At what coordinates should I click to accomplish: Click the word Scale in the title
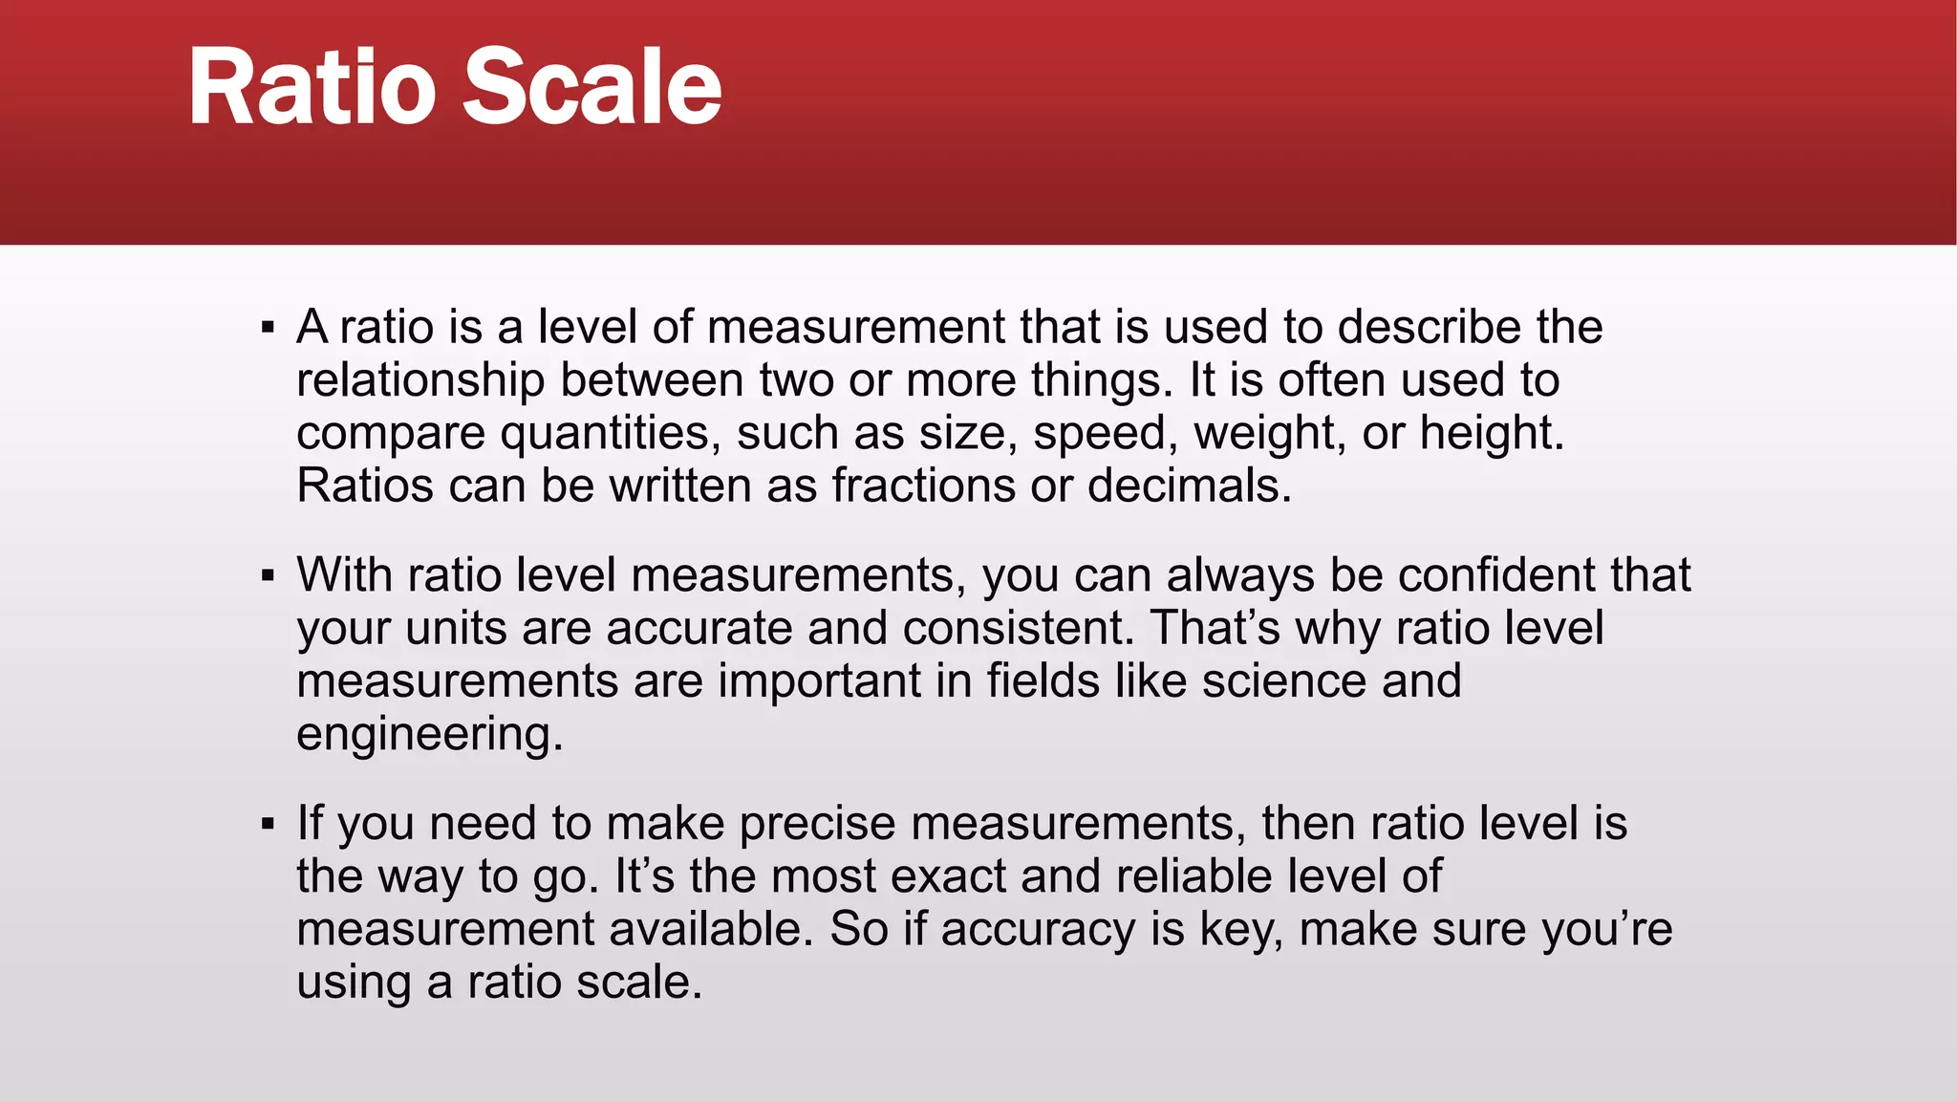(x=592, y=88)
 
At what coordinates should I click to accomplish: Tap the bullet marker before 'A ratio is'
(x=268, y=329)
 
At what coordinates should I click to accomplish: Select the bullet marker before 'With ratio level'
(x=268, y=576)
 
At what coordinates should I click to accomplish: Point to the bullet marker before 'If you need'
(x=268, y=824)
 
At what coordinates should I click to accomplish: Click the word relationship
(x=420, y=380)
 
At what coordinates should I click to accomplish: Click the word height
(x=1491, y=434)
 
